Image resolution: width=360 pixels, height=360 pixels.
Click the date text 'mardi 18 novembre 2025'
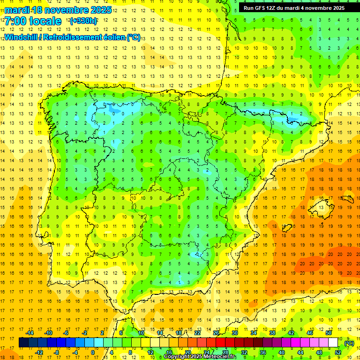point(58,10)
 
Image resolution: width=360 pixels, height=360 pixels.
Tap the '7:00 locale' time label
point(33,21)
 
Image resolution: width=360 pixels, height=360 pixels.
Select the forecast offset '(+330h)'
point(83,21)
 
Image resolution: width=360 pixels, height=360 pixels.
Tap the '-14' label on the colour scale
point(30,333)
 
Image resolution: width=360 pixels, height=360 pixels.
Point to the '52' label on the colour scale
point(338,352)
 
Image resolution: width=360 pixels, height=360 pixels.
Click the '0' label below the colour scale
point(92,352)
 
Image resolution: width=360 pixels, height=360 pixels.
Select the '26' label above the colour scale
point(216,333)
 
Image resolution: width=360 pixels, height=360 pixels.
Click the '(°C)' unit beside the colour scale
point(349,343)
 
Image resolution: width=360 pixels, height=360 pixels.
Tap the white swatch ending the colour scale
point(333,343)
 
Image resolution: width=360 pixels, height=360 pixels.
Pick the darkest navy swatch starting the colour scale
point(23,343)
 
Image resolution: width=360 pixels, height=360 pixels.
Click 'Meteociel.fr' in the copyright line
point(220,357)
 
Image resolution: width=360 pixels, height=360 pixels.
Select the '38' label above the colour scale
point(272,333)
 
